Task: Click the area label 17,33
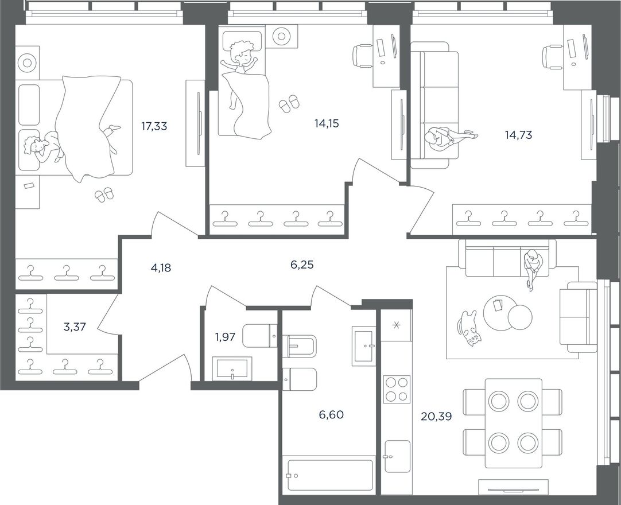coord(154,126)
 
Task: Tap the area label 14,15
coord(327,123)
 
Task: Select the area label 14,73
coord(518,135)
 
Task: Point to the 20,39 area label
coord(436,416)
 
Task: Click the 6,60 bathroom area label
coord(331,415)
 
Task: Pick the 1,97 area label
coord(225,337)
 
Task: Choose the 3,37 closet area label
coord(75,327)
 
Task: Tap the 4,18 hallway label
coord(161,268)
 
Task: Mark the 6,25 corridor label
coord(302,265)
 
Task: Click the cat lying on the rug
coord(469,329)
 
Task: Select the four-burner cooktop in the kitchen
coord(397,389)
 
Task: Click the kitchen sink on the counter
coord(397,456)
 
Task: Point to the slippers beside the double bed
coord(104,195)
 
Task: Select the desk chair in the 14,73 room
coord(552,57)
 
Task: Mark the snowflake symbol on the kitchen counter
coord(395,325)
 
